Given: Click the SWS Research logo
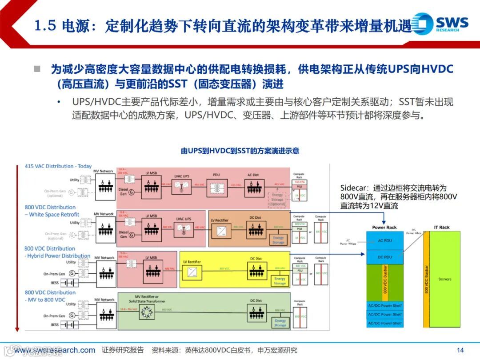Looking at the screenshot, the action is (x=440, y=24).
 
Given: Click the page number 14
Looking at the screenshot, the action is (x=460, y=350).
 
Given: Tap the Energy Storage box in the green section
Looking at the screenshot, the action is (x=280, y=323).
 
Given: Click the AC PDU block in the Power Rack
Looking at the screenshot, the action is (x=384, y=240).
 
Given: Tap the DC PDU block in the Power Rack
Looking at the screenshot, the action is (x=384, y=257).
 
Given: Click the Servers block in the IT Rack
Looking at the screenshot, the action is (x=445, y=279).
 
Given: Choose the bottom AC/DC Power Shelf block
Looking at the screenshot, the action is (x=384, y=323).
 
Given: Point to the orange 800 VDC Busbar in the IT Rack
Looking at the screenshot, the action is (x=427, y=279).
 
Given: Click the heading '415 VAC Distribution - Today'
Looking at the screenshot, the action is (x=58, y=166).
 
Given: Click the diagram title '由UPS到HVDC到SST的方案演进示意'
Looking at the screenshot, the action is (x=240, y=151).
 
